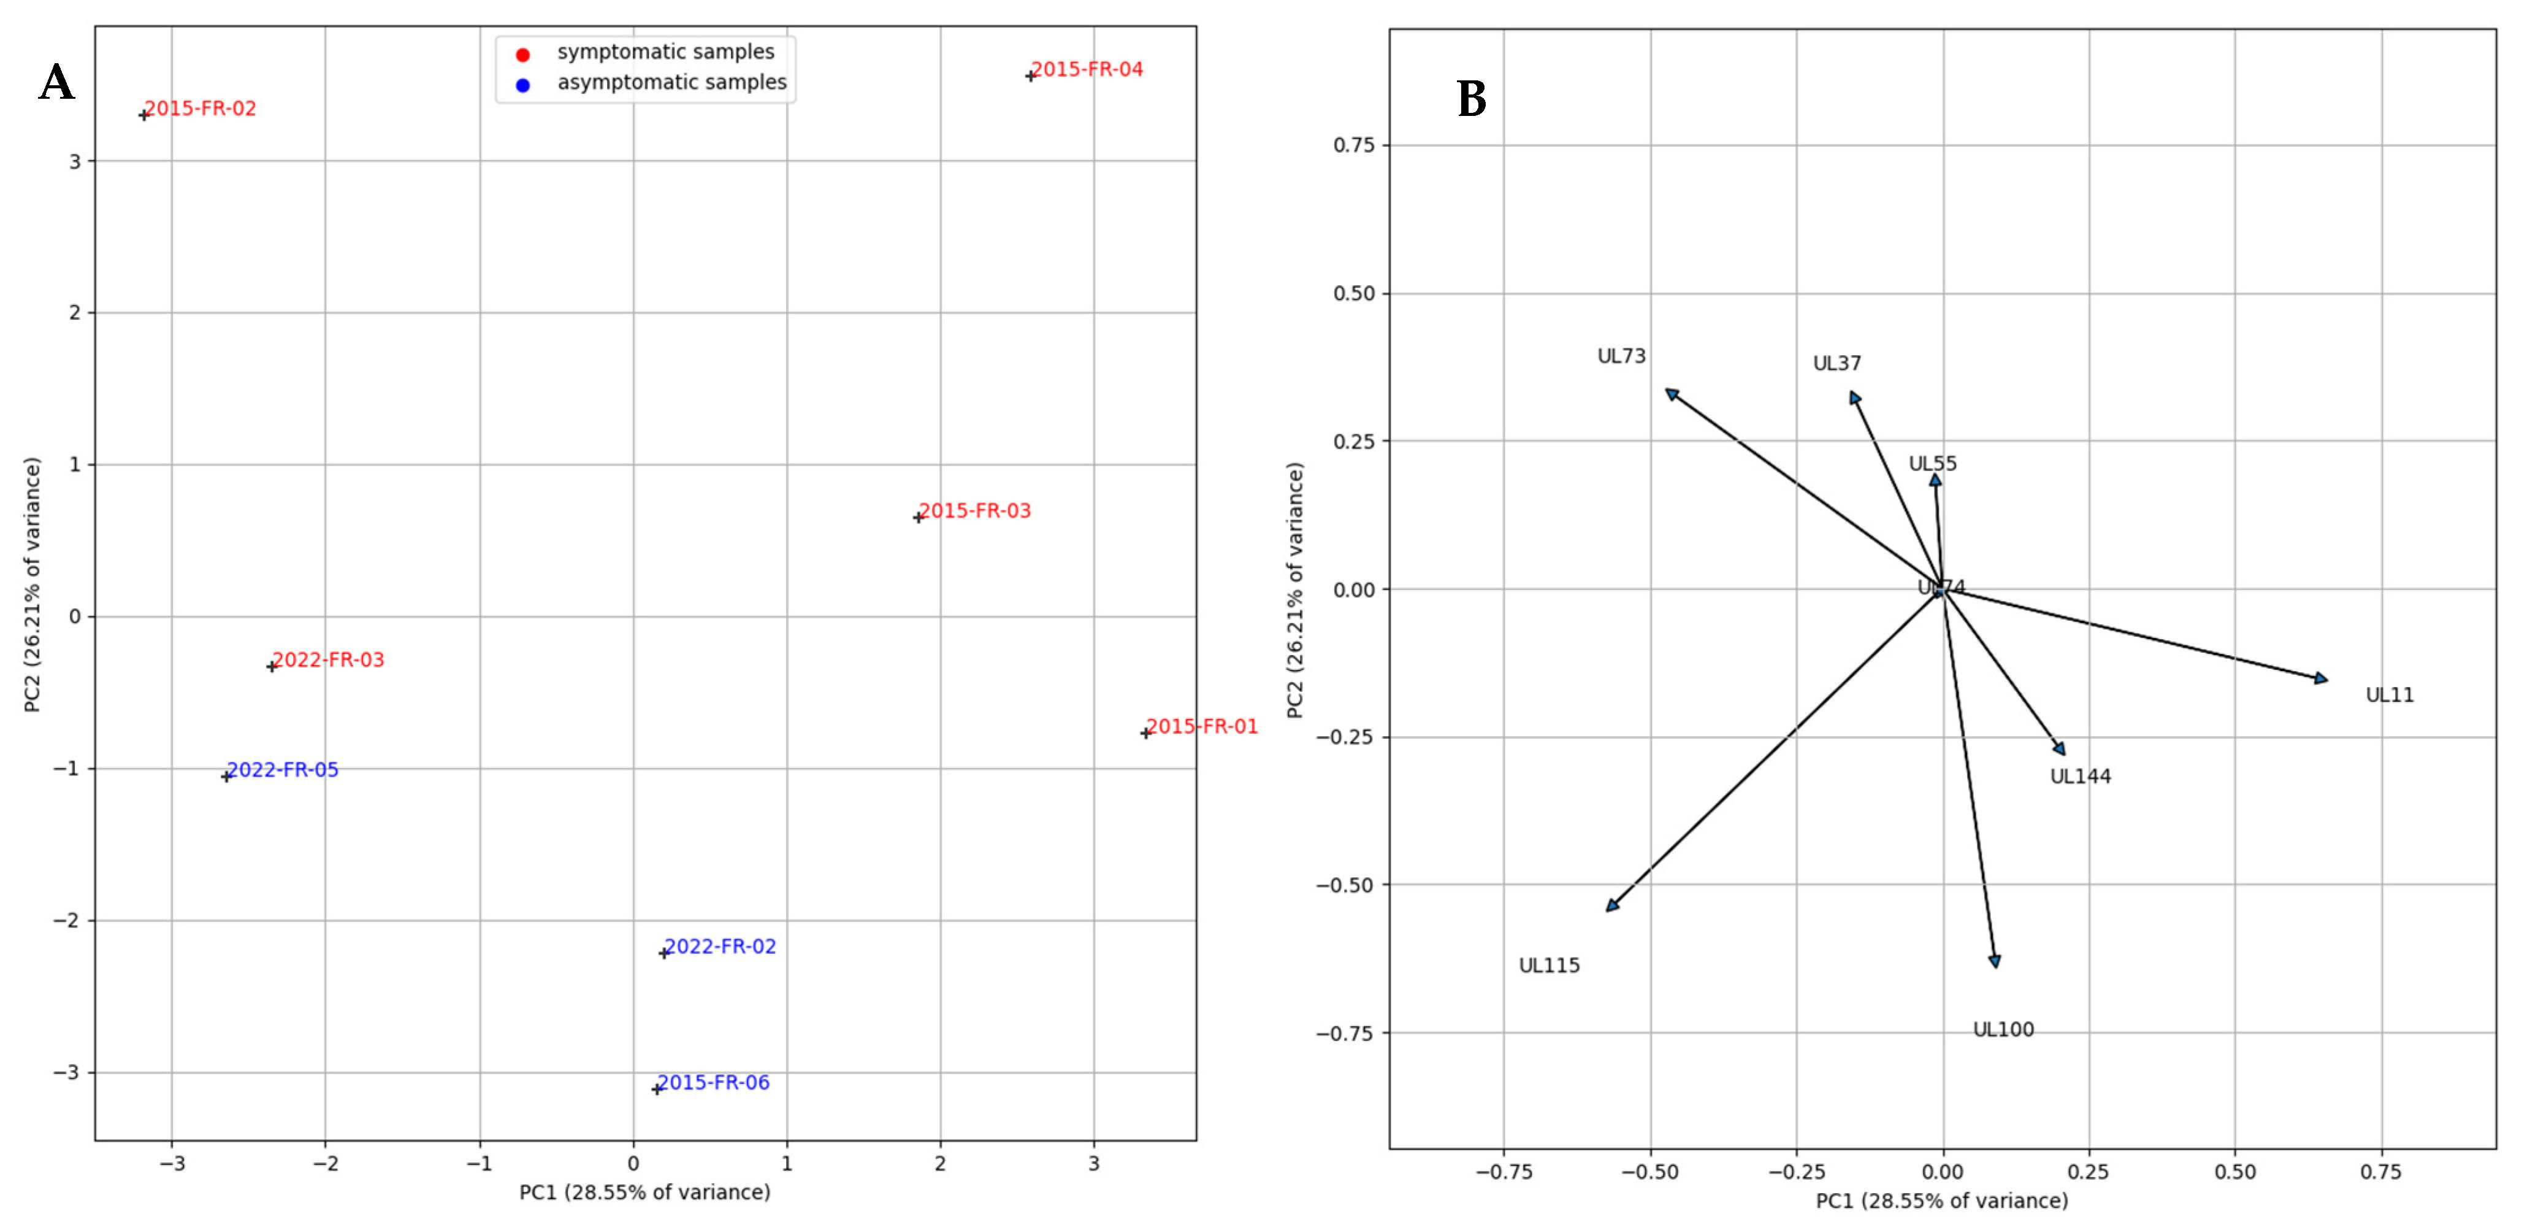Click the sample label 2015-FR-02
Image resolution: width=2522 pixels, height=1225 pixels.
point(200,109)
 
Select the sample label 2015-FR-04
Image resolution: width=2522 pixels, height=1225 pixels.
point(1087,69)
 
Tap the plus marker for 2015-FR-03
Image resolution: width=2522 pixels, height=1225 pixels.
point(919,517)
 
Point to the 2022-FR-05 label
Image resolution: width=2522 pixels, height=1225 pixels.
point(282,770)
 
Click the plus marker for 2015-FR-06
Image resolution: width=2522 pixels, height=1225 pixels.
point(657,1089)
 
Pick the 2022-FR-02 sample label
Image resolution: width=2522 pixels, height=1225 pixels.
point(720,946)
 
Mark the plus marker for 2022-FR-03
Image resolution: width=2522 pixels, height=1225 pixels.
point(272,667)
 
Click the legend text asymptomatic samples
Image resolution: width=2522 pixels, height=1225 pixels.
point(671,82)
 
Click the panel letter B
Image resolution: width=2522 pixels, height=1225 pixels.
point(1472,99)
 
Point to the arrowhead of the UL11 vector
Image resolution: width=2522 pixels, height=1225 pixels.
point(2320,678)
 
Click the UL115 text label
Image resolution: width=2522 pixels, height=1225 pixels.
point(1549,966)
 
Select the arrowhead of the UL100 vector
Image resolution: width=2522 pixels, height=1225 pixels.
point(1994,962)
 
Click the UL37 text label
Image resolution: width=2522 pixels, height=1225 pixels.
point(1836,363)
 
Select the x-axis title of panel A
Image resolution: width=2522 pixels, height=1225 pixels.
point(644,1192)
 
